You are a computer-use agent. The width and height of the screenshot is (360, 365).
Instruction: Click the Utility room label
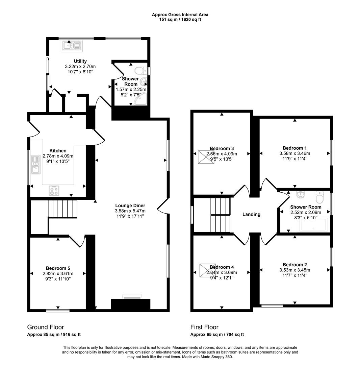pos(80,61)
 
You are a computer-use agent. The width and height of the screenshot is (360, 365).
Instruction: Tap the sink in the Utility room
pos(71,46)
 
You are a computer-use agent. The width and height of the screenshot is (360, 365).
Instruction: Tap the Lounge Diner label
pos(130,205)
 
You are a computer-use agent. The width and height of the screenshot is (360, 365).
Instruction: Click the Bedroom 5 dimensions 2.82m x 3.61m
pos(58,274)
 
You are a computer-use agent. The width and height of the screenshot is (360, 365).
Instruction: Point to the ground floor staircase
pos(62,209)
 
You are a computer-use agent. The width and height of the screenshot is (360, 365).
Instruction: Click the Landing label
pos(252,214)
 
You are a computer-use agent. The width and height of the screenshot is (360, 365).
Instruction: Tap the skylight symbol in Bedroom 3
pos(206,157)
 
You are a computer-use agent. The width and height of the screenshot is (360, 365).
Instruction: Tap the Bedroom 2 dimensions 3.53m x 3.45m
pos(294,270)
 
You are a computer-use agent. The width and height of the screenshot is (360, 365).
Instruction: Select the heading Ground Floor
pos(45,327)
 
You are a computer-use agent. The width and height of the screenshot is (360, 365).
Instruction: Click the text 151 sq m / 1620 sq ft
pos(180,20)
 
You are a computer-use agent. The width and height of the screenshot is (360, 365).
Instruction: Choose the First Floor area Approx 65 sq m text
pos(217,335)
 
